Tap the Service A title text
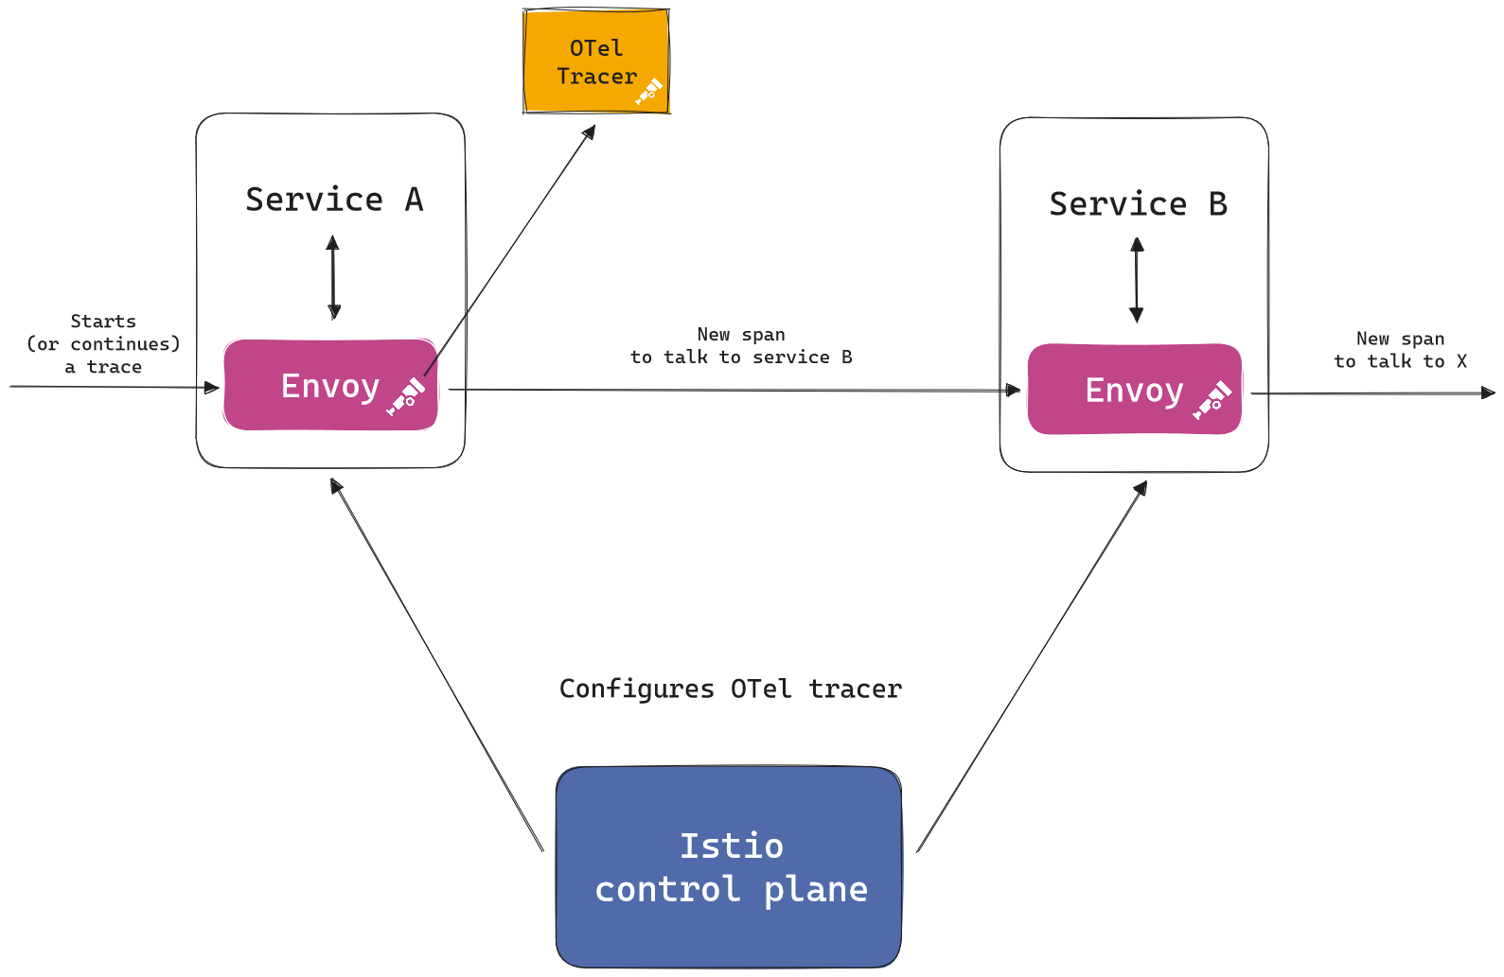tap(333, 200)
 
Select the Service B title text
tap(1138, 204)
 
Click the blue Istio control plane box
tap(729, 867)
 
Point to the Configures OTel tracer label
tap(730, 689)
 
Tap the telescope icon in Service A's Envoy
tap(406, 397)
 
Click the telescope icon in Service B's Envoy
tap(1212, 401)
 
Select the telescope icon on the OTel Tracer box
tap(649, 92)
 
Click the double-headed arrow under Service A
tap(333, 277)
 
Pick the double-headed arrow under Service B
tap(1137, 280)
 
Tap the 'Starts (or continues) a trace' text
tap(103, 344)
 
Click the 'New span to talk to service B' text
tap(741, 346)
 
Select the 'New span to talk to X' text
tap(1400, 350)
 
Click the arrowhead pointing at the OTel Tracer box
tap(590, 131)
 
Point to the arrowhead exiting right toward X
tap(1489, 393)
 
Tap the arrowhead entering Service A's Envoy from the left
tap(213, 387)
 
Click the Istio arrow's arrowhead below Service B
tap(1141, 488)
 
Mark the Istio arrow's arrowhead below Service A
tap(335, 485)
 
